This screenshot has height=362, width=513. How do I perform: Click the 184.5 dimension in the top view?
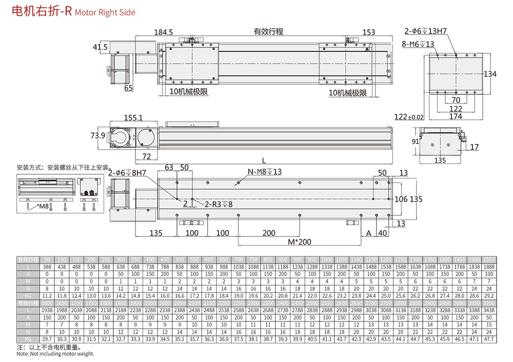(x=164, y=32)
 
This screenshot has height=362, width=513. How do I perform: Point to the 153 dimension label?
(x=368, y=32)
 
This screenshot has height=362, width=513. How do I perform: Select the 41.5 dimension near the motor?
(x=100, y=47)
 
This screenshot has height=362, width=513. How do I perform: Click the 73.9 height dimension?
(x=97, y=135)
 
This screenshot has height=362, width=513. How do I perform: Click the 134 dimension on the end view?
(x=490, y=74)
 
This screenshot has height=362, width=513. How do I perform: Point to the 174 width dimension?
(x=456, y=117)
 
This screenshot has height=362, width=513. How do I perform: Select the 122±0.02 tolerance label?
(x=409, y=117)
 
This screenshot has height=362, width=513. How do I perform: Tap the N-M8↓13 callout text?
(x=265, y=172)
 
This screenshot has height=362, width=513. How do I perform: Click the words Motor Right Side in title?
(x=105, y=12)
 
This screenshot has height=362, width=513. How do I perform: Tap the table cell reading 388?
(x=47, y=267)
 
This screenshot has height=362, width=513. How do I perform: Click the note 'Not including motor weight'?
(x=55, y=354)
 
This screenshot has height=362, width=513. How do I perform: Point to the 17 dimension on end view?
(x=474, y=147)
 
